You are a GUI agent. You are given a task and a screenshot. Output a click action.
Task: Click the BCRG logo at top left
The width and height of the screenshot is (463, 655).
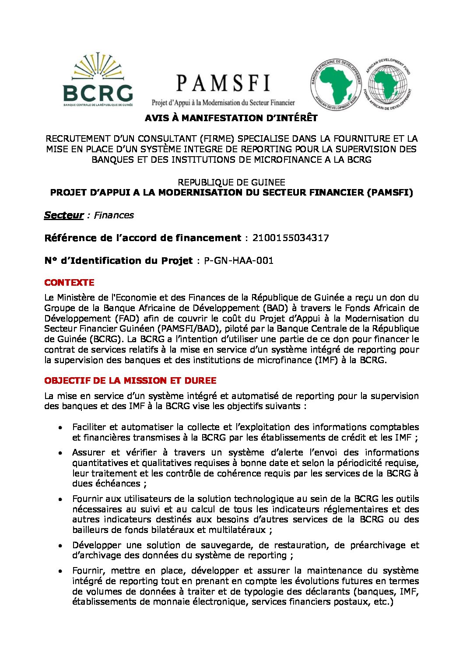(98, 80)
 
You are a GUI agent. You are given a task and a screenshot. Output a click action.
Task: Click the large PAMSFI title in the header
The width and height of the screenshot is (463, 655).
(223, 83)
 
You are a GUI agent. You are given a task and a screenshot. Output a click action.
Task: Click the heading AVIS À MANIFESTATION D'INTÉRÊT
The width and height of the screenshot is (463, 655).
(231, 118)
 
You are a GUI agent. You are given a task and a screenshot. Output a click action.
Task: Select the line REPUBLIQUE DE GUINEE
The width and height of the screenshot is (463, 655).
(231, 182)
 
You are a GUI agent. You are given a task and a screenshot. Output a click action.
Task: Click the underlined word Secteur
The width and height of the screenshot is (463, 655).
(64, 215)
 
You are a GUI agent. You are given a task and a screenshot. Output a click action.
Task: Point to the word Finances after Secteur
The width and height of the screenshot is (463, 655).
(114, 215)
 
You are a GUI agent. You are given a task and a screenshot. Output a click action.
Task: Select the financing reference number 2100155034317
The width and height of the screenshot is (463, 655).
(291, 238)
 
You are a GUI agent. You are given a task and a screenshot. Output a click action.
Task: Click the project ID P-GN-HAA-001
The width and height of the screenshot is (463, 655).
(239, 261)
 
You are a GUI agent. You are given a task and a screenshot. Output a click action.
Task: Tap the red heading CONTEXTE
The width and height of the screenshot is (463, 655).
(69, 283)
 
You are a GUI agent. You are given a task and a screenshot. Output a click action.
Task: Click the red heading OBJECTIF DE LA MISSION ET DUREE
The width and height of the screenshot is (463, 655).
(130, 381)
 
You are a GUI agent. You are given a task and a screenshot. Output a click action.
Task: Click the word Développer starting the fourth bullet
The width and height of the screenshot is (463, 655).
(97, 546)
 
